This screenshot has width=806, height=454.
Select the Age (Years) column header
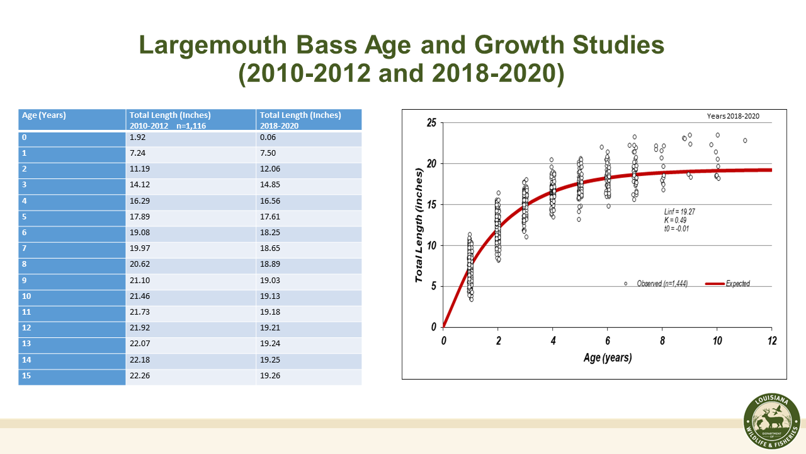pos(44,115)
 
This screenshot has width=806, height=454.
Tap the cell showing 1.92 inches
pos(138,137)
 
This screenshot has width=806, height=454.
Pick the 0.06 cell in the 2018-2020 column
pos(268,137)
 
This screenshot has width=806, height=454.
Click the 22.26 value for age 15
pos(140,376)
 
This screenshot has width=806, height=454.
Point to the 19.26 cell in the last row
pos(270,376)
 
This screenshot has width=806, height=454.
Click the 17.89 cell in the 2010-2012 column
pos(140,217)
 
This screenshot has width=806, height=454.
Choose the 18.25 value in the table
pos(270,233)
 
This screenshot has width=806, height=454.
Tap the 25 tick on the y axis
pos(431,122)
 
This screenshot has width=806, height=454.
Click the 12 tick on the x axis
pos(771,341)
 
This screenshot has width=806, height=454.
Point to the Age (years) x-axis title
pos(607,358)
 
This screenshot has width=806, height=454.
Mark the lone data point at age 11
pos(745,141)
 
